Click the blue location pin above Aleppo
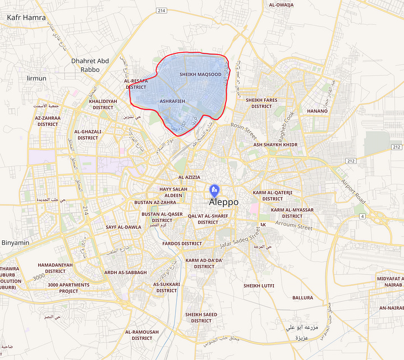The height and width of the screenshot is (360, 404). pyautogui.click(x=213, y=190)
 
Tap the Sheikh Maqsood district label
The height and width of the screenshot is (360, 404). pyautogui.click(x=200, y=74)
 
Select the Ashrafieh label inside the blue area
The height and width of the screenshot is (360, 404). pyautogui.click(x=173, y=101)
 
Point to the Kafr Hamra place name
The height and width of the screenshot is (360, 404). pyautogui.click(x=26, y=17)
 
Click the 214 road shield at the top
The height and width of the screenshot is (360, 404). pyautogui.click(x=162, y=11)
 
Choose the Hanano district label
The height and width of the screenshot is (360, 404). pyautogui.click(x=317, y=111)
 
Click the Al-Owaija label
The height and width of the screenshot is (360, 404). pyautogui.click(x=281, y=5)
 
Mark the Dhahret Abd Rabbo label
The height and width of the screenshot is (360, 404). pyautogui.click(x=90, y=65)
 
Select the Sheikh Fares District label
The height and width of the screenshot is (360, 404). pyautogui.click(x=261, y=103)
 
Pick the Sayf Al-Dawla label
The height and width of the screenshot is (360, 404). pyautogui.click(x=123, y=227)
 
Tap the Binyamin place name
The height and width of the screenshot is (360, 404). pyautogui.click(x=15, y=243)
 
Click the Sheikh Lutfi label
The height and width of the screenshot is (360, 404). pyautogui.click(x=259, y=285)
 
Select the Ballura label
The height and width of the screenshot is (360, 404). pyautogui.click(x=303, y=298)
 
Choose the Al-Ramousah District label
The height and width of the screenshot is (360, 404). pyautogui.click(x=142, y=335)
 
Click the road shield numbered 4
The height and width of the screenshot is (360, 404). pyautogui.click(x=363, y=216)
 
